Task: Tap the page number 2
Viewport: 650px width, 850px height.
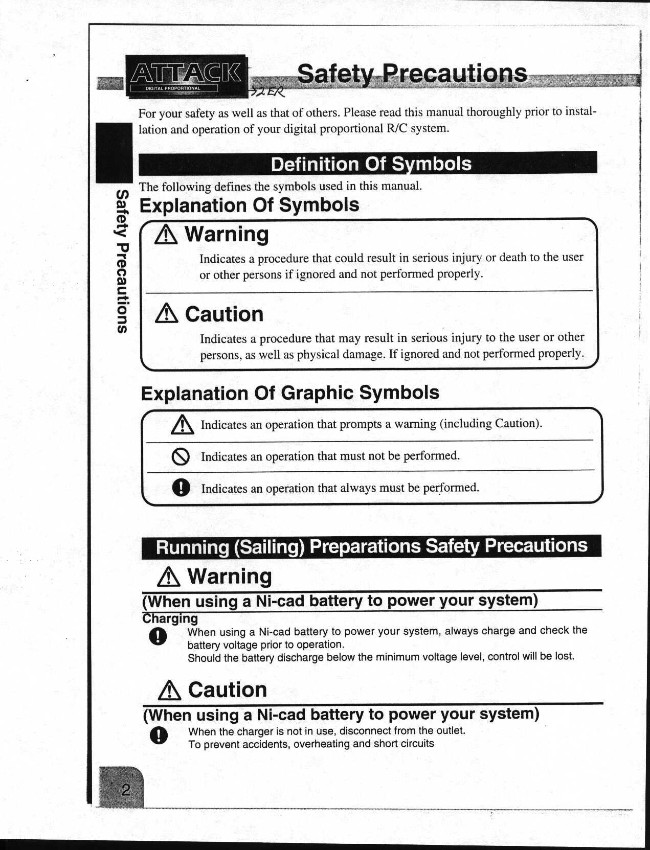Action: [x=125, y=790]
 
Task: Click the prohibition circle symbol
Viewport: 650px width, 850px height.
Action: [x=181, y=456]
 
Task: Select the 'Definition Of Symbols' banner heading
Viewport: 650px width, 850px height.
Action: [x=371, y=164]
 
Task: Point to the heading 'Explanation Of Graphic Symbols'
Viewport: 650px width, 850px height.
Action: [x=290, y=393]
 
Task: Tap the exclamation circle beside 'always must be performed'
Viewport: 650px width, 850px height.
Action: [x=181, y=488]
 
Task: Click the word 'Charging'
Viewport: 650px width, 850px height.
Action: [x=170, y=618]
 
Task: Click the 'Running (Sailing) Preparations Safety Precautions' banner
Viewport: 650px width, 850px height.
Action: [x=371, y=546]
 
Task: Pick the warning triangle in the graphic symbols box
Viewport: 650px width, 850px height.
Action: [x=182, y=424]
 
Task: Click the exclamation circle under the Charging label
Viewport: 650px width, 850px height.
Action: [x=158, y=636]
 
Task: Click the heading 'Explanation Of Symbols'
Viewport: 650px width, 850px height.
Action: [x=249, y=205]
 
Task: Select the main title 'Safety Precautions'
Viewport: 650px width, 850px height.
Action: [x=412, y=73]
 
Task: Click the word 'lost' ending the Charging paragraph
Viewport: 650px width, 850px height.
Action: [x=564, y=656]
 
